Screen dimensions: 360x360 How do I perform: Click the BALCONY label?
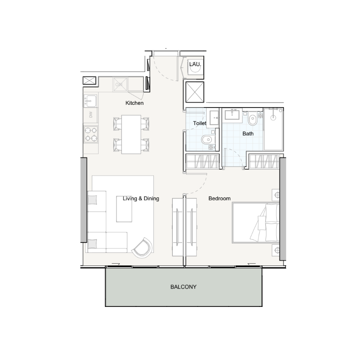pos(183,287)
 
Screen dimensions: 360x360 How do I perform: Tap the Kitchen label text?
pos(135,103)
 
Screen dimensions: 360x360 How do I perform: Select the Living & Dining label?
pos(141,198)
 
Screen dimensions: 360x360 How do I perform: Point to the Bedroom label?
pos(220,198)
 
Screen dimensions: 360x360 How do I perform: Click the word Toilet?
pos(199,123)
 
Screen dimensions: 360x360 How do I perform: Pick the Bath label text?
pos(248,134)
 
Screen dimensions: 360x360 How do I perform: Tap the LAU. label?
pos(195,64)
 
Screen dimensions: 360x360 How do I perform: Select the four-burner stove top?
pos(91,133)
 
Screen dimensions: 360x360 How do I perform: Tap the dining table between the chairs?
pos(131,134)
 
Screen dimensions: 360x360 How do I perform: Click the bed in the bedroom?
pos(256,222)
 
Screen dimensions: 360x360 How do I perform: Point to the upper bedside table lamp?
pos(277,194)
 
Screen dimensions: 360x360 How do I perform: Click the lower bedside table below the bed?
pos(277,250)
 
